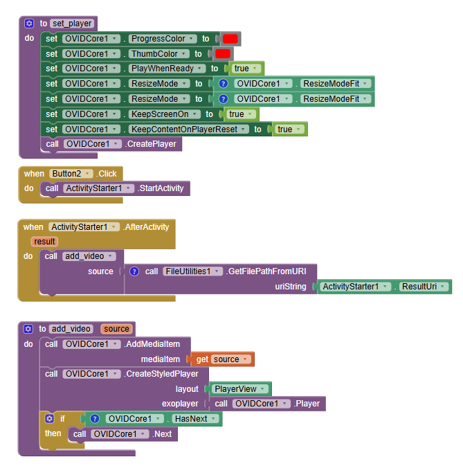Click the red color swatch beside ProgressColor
(230, 39)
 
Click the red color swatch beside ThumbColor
(223, 54)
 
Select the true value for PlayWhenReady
(246, 69)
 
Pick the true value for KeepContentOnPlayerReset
(288, 129)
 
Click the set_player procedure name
(72, 24)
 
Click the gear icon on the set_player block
(29, 24)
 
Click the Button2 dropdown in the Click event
(71, 174)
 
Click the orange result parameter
(44, 241)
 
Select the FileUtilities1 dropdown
(193, 271)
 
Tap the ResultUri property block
(423, 287)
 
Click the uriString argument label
(291, 287)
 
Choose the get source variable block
(221, 359)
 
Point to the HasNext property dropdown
(196, 419)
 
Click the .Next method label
(163, 434)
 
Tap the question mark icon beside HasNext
(96, 419)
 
